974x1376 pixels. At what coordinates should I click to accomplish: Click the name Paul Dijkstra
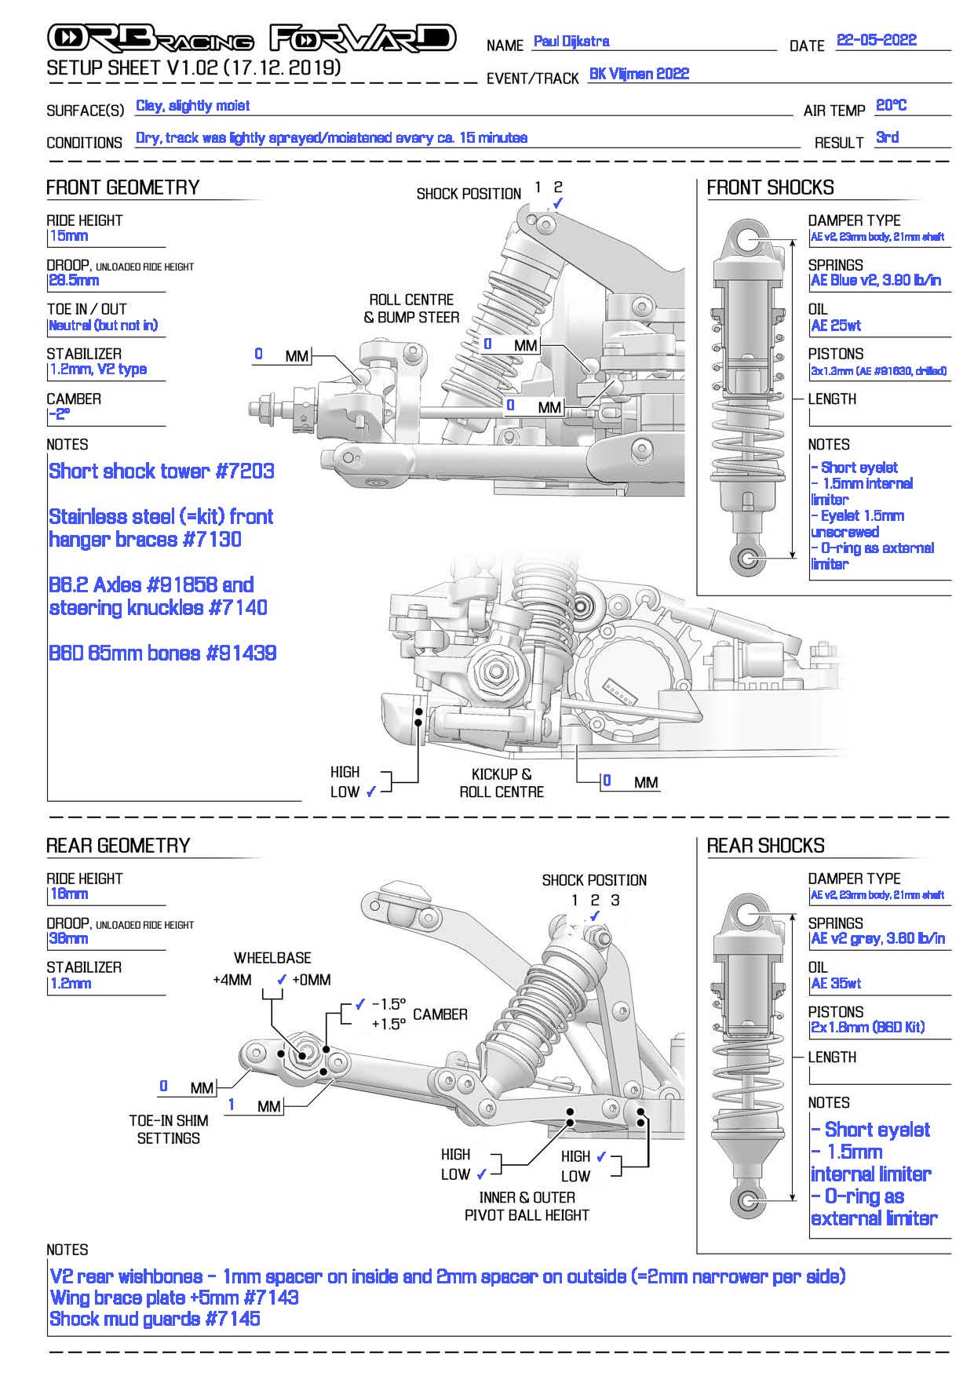click(x=571, y=41)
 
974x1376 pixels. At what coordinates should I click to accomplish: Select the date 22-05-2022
click(x=877, y=40)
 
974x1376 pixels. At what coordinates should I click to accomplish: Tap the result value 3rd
click(x=887, y=137)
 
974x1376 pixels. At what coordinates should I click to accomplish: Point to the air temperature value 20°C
click(x=892, y=105)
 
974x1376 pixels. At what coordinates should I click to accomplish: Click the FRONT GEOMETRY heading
click(x=123, y=187)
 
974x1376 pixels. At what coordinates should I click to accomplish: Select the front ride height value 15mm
click(x=69, y=235)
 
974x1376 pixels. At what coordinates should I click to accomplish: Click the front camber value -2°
click(x=60, y=414)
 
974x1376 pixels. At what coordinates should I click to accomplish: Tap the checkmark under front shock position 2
click(x=558, y=203)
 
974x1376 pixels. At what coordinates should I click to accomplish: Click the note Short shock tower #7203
click(x=162, y=471)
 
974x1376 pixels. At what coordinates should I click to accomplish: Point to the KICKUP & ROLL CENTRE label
click(x=502, y=783)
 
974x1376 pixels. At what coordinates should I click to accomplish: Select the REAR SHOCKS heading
click(x=766, y=846)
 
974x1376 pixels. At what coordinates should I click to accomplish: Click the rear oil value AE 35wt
click(x=837, y=983)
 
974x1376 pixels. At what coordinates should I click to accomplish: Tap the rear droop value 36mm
click(x=69, y=938)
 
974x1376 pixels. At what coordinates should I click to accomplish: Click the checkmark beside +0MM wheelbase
click(x=283, y=979)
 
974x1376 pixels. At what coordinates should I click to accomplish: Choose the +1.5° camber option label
click(x=389, y=1024)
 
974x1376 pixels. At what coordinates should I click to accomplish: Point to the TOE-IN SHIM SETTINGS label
click(x=169, y=1130)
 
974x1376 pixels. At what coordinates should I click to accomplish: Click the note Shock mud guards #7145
click(x=155, y=1319)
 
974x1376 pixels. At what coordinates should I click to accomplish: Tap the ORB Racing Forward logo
click(x=251, y=38)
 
